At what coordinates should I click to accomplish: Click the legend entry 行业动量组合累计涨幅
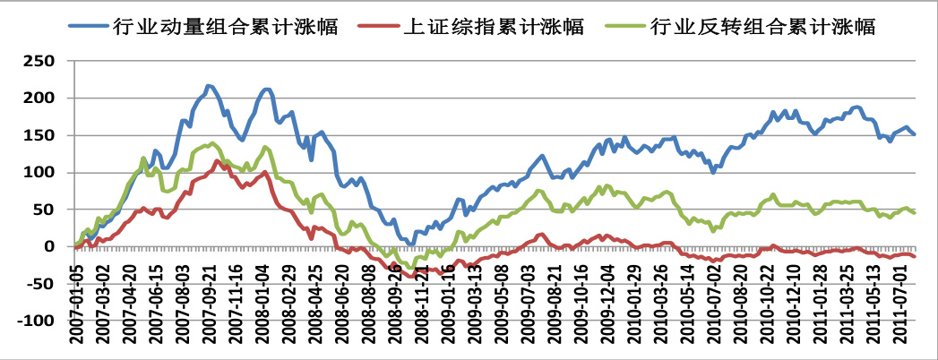224,26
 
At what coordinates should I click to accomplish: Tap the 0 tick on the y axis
56,246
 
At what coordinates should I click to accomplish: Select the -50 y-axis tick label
45,283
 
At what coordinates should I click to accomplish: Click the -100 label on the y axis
40,321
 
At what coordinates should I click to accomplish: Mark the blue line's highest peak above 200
209,86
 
